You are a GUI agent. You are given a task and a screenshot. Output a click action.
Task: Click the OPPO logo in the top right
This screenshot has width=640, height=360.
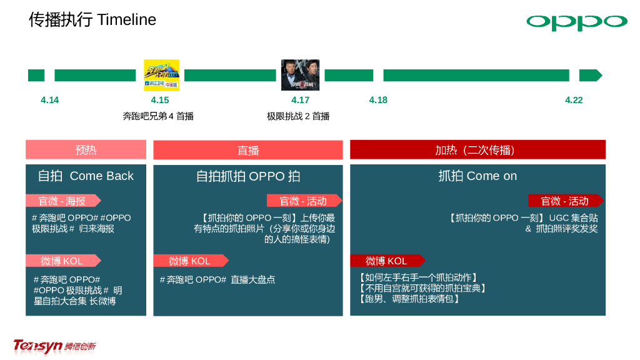click(x=576, y=22)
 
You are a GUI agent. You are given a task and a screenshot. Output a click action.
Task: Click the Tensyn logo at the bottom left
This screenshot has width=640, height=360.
click(x=54, y=345)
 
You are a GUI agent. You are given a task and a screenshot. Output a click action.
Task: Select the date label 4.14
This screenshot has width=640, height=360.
click(x=49, y=100)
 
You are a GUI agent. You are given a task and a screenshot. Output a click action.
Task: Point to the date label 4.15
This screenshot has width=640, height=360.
click(x=160, y=100)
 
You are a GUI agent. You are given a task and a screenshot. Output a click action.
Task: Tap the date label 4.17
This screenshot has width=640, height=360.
click(x=300, y=100)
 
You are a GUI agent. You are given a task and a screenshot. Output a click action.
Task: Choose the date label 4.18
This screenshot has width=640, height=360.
click(x=378, y=100)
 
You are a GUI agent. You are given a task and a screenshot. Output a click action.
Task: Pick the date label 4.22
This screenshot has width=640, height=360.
click(x=574, y=100)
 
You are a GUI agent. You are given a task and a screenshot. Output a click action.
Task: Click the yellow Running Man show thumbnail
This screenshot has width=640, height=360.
click(x=161, y=75)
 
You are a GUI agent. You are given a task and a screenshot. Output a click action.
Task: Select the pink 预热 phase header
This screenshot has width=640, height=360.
click(x=86, y=150)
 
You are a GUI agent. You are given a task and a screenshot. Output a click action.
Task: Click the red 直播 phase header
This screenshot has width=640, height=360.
click(x=248, y=151)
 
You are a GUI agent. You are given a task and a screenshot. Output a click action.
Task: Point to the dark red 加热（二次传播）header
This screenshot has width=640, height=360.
click(x=477, y=150)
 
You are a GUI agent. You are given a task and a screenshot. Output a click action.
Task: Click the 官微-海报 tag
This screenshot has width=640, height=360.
click(x=61, y=201)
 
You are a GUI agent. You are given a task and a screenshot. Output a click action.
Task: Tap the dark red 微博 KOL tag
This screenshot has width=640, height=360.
click(x=387, y=261)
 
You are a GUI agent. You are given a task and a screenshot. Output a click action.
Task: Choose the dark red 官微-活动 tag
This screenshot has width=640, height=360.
click(x=565, y=201)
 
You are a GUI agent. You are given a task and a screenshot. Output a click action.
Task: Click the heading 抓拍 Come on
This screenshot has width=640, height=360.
click(x=477, y=176)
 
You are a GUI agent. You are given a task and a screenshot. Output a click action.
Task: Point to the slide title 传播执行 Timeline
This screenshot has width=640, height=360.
click(x=92, y=19)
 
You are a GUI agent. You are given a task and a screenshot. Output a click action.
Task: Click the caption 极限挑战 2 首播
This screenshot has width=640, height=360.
click(x=298, y=116)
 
